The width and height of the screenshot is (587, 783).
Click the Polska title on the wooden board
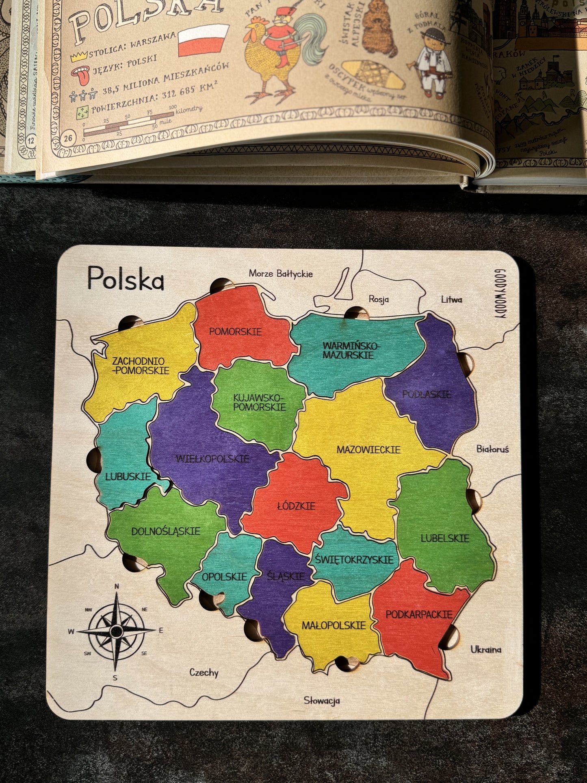pyautogui.click(x=126, y=278)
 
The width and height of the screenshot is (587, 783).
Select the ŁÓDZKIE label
pyautogui.click(x=296, y=506)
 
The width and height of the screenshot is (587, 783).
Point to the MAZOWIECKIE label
pyautogui.click(x=368, y=450)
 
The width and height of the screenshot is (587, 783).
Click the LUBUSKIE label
pyautogui.click(x=128, y=477)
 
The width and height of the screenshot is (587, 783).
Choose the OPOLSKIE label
pyautogui.click(x=224, y=577)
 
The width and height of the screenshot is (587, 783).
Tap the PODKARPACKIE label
pyautogui.click(x=419, y=614)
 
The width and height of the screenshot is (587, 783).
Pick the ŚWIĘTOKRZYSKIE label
pyautogui.click(x=354, y=560)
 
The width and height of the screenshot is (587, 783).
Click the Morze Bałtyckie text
pyautogui.click(x=281, y=273)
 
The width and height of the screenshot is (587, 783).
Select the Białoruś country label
pyautogui.click(x=492, y=449)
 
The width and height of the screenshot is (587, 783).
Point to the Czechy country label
pyautogui.click(x=204, y=672)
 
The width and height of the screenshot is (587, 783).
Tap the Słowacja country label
pyautogui.click(x=322, y=701)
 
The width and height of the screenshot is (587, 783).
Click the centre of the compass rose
pyautogui.click(x=117, y=631)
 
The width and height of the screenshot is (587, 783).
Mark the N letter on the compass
pyautogui.click(x=117, y=586)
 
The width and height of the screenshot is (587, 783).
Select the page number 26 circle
pyautogui.click(x=68, y=139)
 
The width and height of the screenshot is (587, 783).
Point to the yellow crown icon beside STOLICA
pyautogui.click(x=79, y=56)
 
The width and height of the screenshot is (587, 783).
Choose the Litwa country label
pyautogui.click(x=451, y=299)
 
